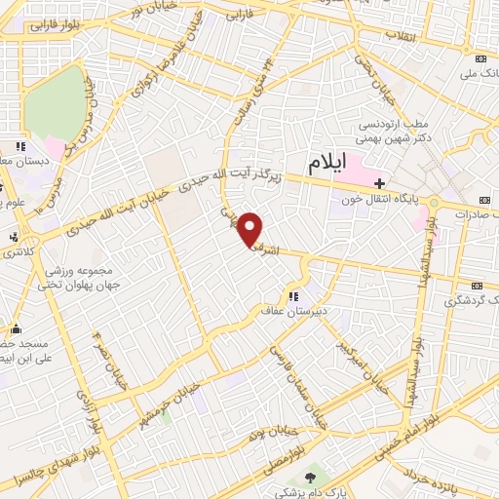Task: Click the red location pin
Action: (x=251, y=228)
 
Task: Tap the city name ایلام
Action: (x=326, y=163)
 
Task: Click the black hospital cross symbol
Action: (x=379, y=182)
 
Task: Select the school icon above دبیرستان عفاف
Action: (x=292, y=296)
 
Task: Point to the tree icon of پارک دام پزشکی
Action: (x=311, y=477)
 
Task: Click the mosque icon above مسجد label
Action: (x=4, y=328)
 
